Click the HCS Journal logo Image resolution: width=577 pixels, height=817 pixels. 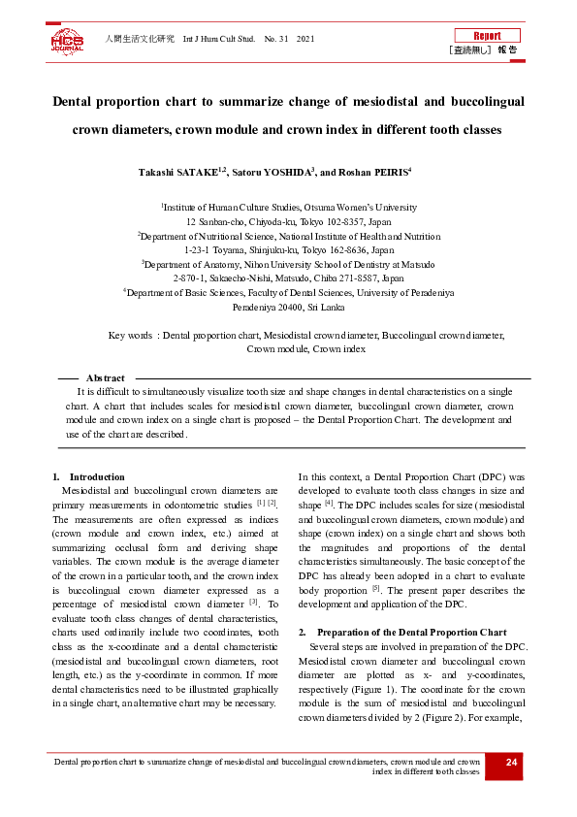(67, 41)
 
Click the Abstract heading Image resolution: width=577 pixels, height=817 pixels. (106, 378)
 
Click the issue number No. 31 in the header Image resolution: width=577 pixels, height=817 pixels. (276, 39)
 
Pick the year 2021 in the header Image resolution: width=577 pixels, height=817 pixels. (305, 39)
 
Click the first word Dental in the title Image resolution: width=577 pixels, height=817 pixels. (76, 101)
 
